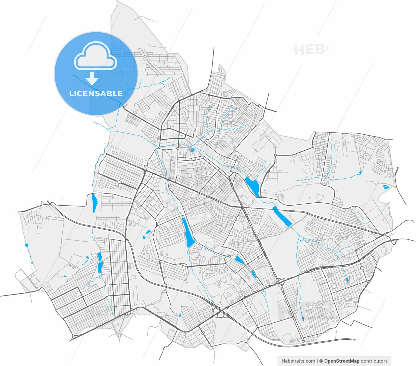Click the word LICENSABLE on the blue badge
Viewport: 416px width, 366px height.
click(96, 94)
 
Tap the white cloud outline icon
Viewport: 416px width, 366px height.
click(96, 56)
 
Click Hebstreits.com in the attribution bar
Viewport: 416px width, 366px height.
click(298, 361)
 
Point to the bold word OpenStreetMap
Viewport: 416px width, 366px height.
click(342, 361)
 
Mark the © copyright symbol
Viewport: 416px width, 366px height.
click(321, 361)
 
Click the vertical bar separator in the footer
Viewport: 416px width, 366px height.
click(317, 361)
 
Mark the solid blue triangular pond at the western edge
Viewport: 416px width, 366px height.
click(27, 245)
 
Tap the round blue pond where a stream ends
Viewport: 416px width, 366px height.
click(360, 172)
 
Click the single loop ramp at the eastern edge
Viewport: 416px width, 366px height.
click(394, 242)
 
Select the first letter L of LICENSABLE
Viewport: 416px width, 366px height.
click(71, 94)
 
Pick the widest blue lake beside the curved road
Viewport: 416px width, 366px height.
click(253, 186)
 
